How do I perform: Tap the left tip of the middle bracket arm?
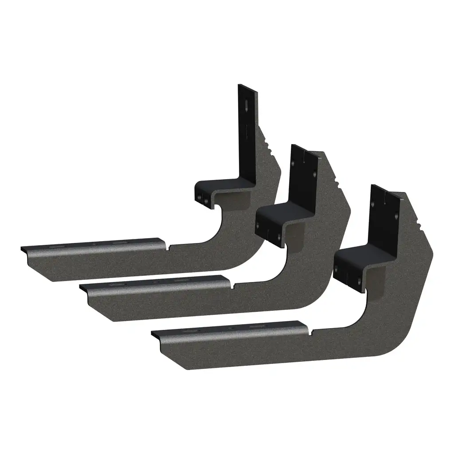[82, 288]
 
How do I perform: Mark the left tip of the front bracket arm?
[154, 334]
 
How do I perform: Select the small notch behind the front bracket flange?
[312, 331]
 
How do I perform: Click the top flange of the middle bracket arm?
[155, 282]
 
